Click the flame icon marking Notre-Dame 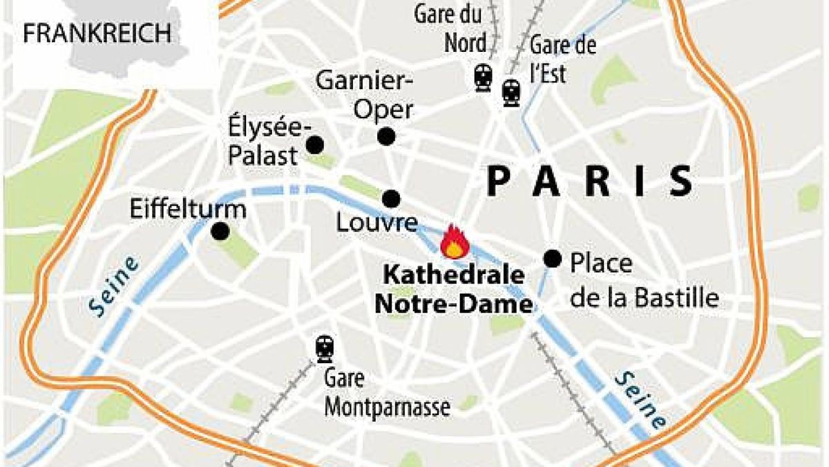pos(455,241)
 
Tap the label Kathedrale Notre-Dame pos(454,289)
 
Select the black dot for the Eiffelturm pos(220,232)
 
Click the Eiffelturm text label pos(188,209)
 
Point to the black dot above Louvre pos(391,199)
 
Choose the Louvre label pos(377,223)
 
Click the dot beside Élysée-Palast pos(315,145)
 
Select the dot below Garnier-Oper pos(386,136)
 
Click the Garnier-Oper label pos(365,95)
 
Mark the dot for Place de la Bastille pos(552,258)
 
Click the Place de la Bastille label pos(644,280)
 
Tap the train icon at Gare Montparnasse pos(324,349)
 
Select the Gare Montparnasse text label pos(387,393)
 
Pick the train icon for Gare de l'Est pos(511,92)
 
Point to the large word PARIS pos(589,182)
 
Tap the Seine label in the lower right pos(641,399)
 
